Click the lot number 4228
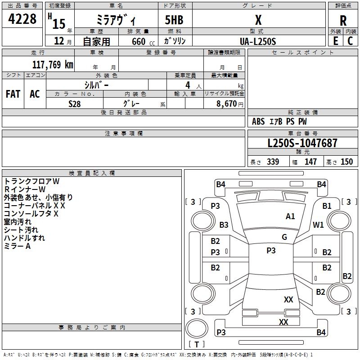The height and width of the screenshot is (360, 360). point(22,20)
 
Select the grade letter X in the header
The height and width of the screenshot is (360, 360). point(258,20)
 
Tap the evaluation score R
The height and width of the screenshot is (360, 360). point(343,21)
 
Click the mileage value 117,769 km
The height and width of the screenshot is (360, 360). point(53,64)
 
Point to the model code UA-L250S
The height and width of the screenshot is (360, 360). point(258,40)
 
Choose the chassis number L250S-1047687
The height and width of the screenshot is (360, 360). point(302,144)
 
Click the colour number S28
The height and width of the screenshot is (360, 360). point(74,103)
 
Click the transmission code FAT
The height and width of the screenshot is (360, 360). point(13,94)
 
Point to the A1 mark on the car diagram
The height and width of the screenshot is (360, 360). point(290,216)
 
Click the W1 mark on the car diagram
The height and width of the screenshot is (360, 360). point(319,225)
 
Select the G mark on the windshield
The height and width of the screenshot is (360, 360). point(284,237)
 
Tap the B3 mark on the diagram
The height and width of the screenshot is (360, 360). point(224,225)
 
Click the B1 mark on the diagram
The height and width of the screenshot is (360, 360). point(327,206)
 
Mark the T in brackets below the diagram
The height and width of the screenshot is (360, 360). point(196,345)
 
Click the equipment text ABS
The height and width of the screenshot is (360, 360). point(258,121)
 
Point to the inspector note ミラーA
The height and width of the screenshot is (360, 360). point(17,246)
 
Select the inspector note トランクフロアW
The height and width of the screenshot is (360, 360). point(32,181)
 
